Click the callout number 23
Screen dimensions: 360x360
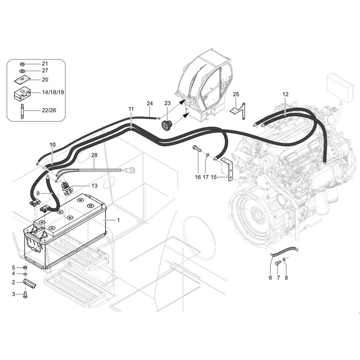pos(167,103)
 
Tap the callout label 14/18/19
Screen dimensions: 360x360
pos(53,92)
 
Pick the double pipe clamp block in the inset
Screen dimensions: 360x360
pos(22,94)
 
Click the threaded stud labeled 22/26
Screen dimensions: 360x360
pos(22,111)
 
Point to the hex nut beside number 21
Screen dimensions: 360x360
pos(22,64)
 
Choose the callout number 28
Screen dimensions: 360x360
pos(94,155)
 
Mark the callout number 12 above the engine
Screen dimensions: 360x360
pos(285,94)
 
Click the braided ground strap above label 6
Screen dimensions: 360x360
pos(284,251)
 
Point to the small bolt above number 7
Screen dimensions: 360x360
pos(278,263)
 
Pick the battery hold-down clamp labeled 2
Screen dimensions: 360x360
pos(30,283)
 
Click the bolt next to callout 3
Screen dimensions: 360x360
pos(25,294)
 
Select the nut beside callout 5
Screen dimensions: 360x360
pos(26,267)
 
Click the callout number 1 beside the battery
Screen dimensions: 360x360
pos(118,220)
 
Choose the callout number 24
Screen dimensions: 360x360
pos(150,103)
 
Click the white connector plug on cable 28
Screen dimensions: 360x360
pos(131,170)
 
